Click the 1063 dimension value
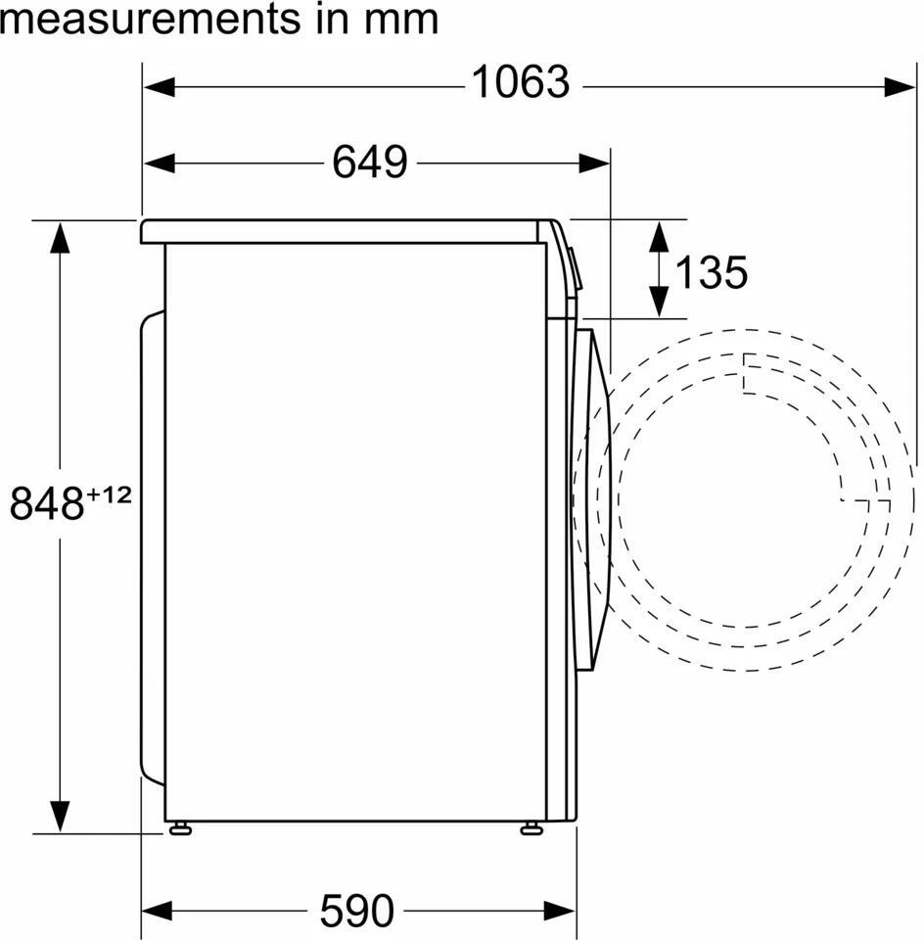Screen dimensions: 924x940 point(520,82)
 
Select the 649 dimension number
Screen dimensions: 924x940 point(370,162)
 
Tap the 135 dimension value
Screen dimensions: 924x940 point(712,271)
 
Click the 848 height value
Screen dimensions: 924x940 point(47,503)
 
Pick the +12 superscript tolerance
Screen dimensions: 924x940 point(109,494)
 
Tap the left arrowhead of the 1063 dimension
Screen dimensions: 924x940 point(160,87)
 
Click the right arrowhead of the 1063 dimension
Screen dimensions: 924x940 point(900,87)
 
